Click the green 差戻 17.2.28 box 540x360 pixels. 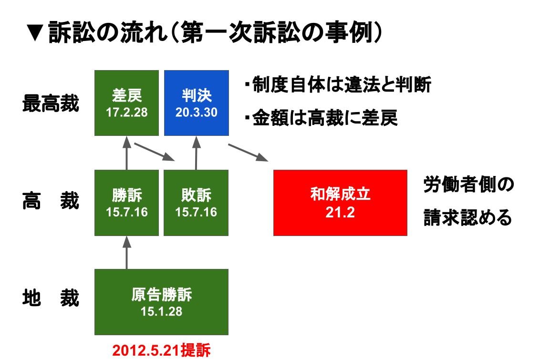[127, 103]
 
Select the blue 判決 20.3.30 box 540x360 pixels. [197, 103]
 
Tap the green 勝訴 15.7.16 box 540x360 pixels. [127, 203]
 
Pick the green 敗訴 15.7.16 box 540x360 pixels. [196, 203]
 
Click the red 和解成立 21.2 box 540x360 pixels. [340, 203]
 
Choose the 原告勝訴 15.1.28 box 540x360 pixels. [162, 302]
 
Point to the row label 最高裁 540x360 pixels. [51, 103]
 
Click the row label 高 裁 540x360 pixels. [51, 201]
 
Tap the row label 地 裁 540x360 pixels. [51, 298]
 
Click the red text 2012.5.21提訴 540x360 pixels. [161, 350]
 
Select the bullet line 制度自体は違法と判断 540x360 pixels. [338, 85]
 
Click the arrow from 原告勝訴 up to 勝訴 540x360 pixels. [127, 253]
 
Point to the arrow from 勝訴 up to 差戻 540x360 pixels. [127, 153]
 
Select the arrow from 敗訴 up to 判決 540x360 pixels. [197, 153]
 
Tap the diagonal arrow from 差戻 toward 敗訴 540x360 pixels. [155, 152]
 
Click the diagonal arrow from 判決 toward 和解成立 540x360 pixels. [248, 153]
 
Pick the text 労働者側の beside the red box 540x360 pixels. [469, 185]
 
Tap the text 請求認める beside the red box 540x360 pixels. [468, 218]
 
